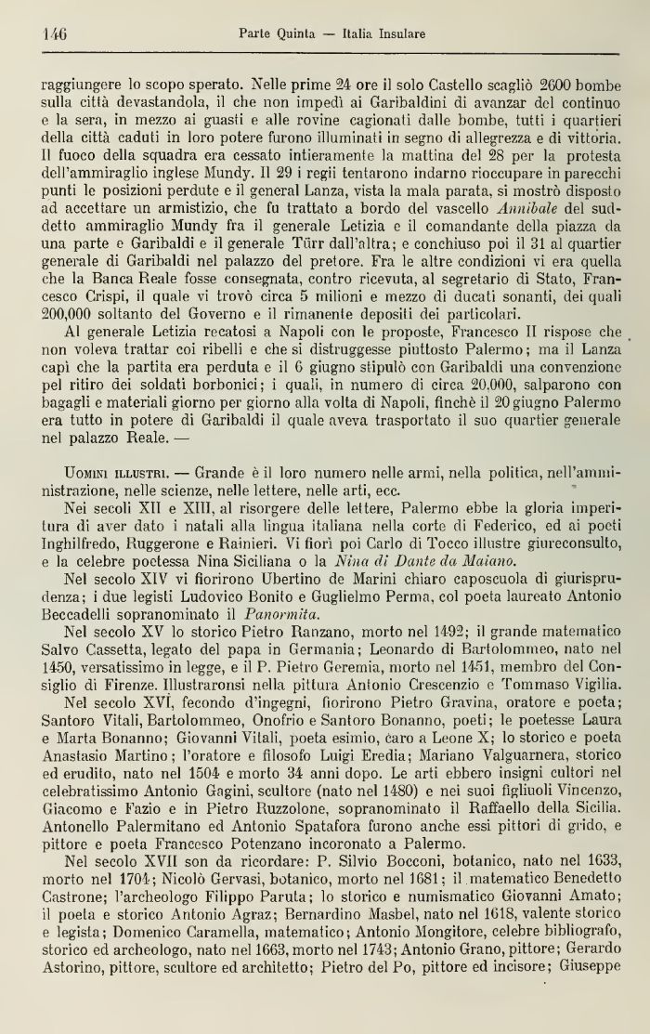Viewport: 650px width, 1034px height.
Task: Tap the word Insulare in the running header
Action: (396, 34)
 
